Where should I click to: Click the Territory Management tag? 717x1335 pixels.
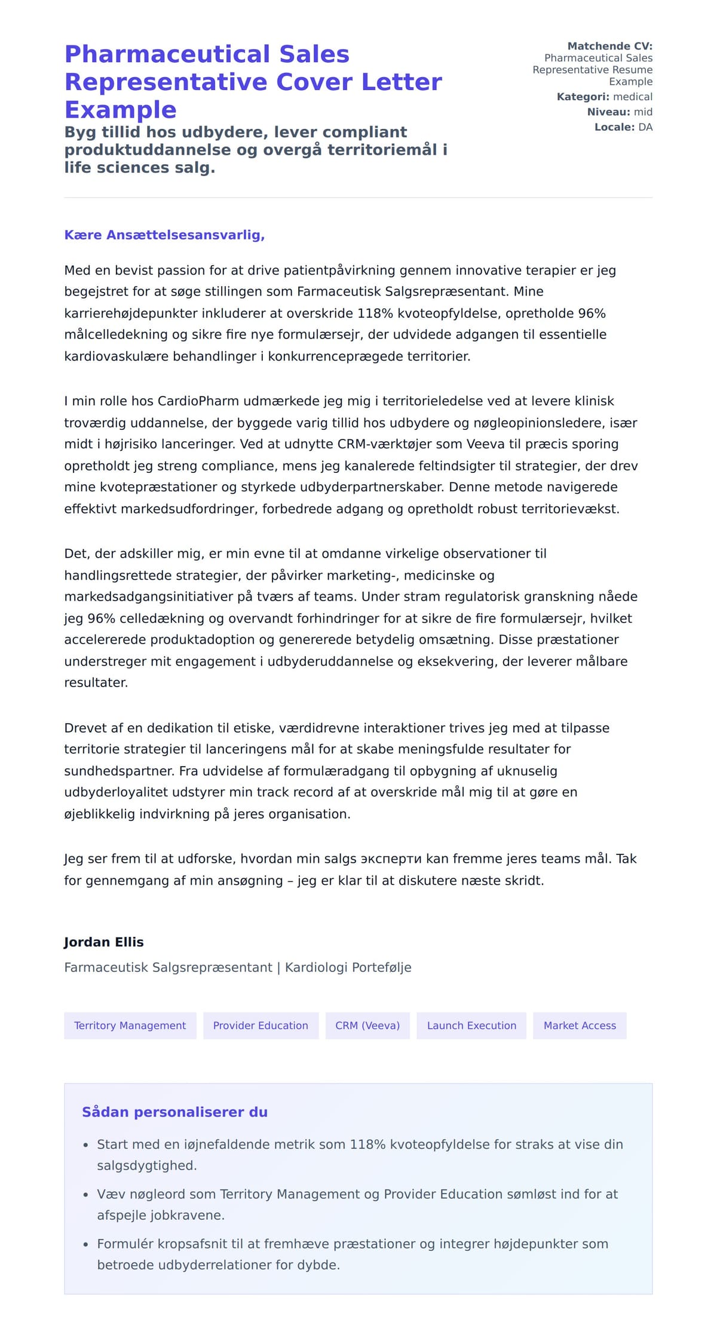130,1025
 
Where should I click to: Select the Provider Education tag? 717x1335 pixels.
261,1025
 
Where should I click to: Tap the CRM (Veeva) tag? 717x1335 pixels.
367,1025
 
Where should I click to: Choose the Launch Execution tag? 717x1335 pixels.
471,1025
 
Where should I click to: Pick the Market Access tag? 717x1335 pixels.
580,1025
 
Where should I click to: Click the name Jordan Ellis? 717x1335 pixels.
104,942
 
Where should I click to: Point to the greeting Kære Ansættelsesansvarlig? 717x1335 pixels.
164,235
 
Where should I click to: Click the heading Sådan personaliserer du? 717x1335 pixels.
174,1112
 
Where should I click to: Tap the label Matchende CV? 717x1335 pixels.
609,46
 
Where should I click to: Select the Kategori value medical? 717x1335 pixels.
633,97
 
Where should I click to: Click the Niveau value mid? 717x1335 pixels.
643,112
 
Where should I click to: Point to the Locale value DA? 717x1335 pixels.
645,127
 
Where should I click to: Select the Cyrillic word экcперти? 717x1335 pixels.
391,859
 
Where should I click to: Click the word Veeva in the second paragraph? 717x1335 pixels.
485,444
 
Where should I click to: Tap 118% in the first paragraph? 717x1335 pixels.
375,313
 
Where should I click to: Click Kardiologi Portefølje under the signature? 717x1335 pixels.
348,967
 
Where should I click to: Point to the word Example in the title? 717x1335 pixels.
121,110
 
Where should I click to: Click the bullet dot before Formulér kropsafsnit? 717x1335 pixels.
85,1244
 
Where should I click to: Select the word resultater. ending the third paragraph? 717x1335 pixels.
96,682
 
